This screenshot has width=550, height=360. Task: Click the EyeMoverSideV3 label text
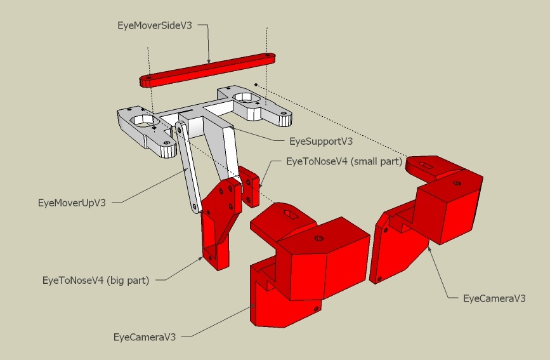155,25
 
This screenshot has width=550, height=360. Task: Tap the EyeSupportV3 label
321,141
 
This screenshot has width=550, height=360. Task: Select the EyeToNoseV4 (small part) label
344,161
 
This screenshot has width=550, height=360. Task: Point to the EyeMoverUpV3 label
72,203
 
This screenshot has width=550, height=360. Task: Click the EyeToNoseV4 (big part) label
96,280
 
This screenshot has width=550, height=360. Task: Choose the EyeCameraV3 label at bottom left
145,337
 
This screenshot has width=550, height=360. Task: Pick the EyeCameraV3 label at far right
494,298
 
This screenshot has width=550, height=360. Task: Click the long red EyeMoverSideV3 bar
207,70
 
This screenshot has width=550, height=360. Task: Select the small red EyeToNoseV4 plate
250,186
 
